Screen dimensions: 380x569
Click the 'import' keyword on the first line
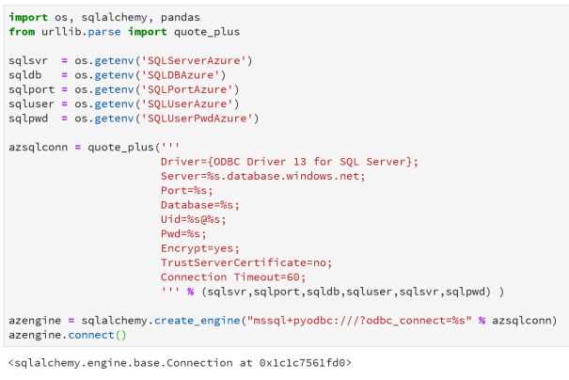(x=28, y=18)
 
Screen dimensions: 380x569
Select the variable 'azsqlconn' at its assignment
(x=41, y=148)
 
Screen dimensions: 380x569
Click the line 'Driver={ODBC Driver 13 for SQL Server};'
(x=289, y=162)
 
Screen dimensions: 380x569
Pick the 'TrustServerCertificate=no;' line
(x=246, y=262)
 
